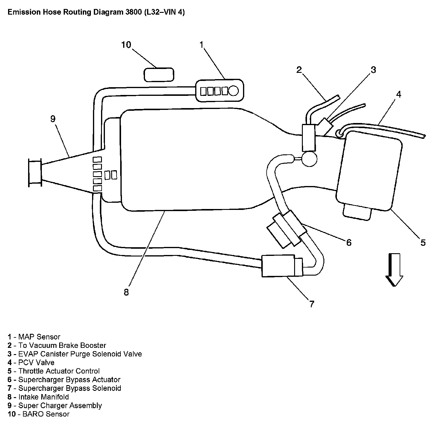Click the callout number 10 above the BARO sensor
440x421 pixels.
point(126,45)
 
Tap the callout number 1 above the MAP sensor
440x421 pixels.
point(201,45)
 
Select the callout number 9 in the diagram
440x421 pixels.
point(53,119)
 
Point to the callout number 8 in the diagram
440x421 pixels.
point(126,292)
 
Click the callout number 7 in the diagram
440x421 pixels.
point(311,304)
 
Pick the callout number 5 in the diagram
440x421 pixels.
point(423,242)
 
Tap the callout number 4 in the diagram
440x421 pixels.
point(398,94)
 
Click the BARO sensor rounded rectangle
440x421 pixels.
point(159,75)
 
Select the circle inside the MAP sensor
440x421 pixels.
point(234,90)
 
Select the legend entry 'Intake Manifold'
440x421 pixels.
point(43,397)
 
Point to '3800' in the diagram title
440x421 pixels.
point(132,13)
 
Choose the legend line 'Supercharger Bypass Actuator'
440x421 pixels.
point(69,380)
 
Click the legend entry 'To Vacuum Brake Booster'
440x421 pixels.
point(62,345)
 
